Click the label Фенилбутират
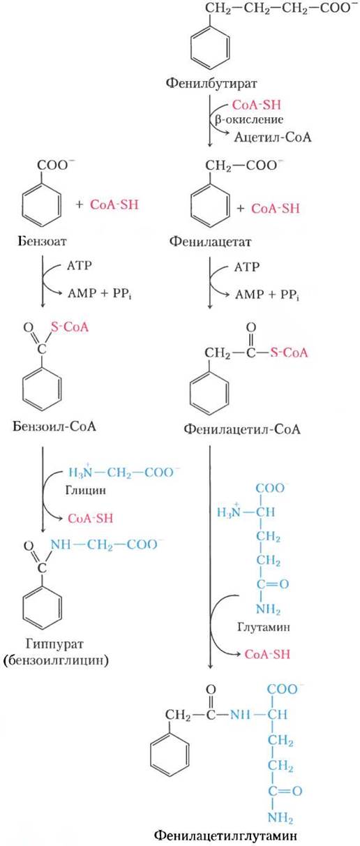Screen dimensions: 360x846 coord(211,84)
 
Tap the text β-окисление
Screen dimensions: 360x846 coord(249,120)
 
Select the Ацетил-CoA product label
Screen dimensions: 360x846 coord(273,137)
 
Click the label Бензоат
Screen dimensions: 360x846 coord(42,242)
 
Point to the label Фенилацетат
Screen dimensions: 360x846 coord(210,242)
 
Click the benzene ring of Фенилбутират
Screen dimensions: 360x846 coord(210,48)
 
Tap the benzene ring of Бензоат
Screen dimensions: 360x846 coord(41,205)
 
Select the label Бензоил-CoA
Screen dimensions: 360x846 coord(54,426)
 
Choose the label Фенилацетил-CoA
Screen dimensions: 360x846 coord(242,429)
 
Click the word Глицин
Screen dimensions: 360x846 coord(86,491)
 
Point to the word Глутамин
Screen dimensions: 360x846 coord(264,628)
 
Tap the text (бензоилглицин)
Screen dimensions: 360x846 coord(56,660)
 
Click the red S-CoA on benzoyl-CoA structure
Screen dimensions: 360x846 coord(70,327)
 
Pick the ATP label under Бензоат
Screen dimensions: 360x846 coord(80,266)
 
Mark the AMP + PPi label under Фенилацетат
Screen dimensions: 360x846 coord(267,295)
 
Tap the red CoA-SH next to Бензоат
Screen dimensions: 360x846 coord(114,205)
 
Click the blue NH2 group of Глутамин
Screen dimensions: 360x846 coord(269,609)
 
